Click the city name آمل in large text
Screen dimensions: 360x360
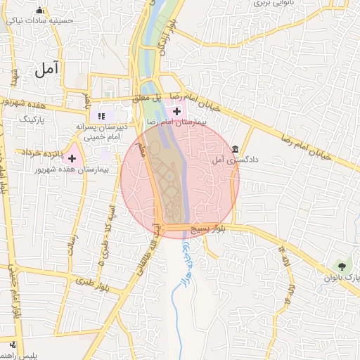click(47, 70)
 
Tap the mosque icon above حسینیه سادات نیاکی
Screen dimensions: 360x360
click(39, 10)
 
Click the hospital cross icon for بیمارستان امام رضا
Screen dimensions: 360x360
click(176, 111)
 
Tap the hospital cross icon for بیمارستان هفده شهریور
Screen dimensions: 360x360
click(72, 158)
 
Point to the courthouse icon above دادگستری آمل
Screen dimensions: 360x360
click(234, 149)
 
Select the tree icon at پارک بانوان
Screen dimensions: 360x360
click(342, 266)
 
